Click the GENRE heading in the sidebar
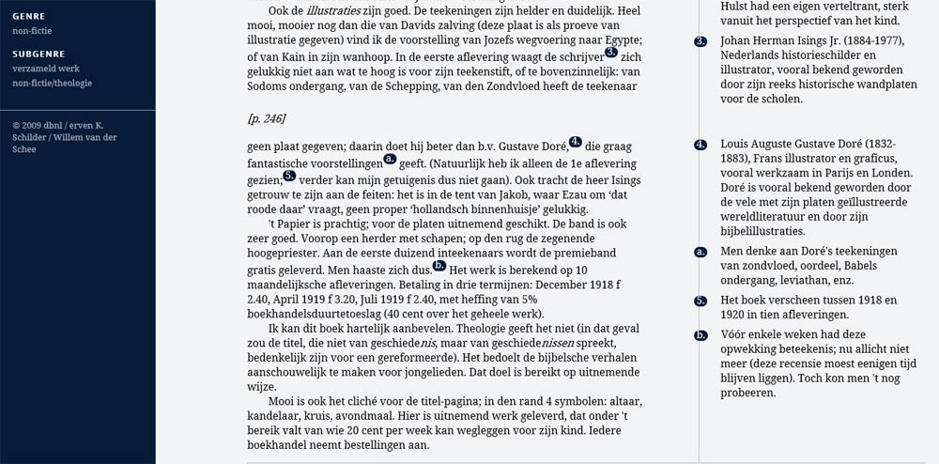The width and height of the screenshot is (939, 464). [28, 17]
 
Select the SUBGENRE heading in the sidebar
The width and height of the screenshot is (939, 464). [37, 53]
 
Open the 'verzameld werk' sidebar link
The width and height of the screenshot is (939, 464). [44, 69]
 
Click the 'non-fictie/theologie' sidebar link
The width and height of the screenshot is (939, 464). [52, 84]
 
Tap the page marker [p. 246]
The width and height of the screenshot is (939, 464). [266, 118]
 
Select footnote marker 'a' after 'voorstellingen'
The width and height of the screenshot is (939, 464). [389, 159]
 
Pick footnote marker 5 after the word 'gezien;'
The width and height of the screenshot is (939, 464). [288, 175]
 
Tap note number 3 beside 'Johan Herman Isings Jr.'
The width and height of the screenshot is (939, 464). [700, 41]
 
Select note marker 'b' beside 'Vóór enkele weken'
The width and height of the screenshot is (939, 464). [700, 335]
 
